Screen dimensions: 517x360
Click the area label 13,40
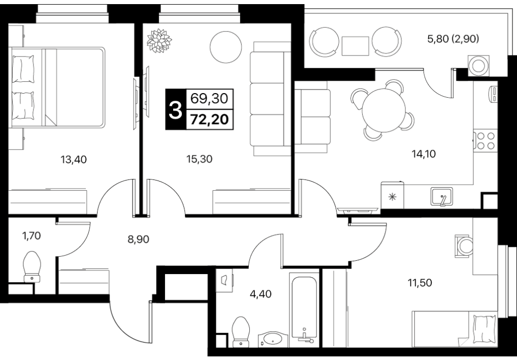click(73, 160)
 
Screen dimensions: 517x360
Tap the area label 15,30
click(199, 159)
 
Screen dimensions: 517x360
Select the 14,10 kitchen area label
click(423, 153)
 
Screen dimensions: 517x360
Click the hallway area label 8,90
click(138, 239)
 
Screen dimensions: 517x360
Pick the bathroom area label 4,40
click(261, 293)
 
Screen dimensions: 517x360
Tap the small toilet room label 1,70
click(32, 236)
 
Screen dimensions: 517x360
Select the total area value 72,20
click(210, 119)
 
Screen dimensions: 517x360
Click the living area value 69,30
click(210, 98)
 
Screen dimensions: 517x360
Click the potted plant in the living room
click(159, 41)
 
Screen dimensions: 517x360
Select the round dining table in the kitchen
click(384, 111)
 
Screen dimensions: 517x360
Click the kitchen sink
click(441, 196)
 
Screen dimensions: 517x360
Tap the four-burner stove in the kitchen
click(486, 141)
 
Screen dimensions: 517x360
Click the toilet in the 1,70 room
click(32, 266)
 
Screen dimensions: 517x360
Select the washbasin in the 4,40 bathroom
click(273, 339)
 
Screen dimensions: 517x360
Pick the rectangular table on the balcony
click(355, 46)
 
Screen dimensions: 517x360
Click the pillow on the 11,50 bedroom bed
click(484, 329)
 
